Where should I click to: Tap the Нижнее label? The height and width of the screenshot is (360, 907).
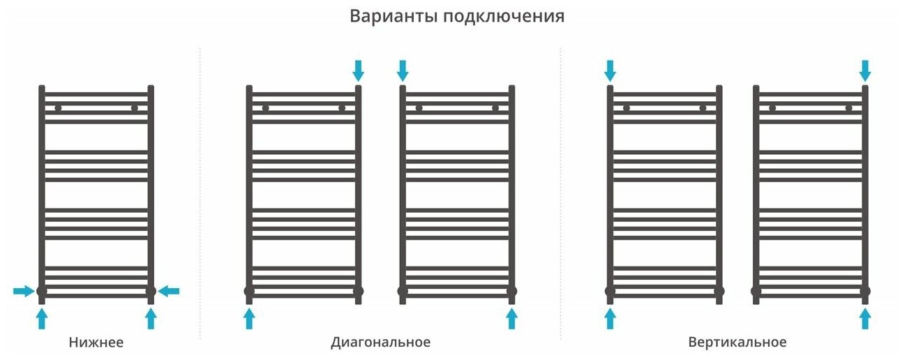[x=96, y=343]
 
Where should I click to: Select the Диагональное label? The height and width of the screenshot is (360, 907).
[x=380, y=343]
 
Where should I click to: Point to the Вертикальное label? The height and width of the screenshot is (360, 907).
[x=737, y=343]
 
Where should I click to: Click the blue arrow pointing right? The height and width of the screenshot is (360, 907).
[x=24, y=291]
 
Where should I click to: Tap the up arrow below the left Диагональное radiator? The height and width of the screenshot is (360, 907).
[x=249, y=318]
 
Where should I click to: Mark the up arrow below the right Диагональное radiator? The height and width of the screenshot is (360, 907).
[x=511, y=318]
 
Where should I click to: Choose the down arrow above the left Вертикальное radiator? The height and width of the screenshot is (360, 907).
[x=610, y=70]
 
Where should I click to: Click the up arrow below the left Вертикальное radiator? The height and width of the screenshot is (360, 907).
[x=610, y=318]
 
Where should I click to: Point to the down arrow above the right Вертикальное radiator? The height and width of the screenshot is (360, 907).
[x=865, y=70]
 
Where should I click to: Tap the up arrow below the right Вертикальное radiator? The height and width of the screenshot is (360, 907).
[x=865, y=318]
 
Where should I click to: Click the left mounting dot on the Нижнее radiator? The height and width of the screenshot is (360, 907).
[x=58, y=108]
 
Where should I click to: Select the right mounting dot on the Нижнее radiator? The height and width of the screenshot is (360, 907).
[x=134, y=108]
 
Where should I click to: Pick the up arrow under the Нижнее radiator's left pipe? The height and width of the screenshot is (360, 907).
[x=41, y=318]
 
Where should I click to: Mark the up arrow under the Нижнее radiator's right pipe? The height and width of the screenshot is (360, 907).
[x=151, y=318]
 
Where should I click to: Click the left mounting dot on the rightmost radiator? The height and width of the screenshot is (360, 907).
[x=772, y=108]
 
